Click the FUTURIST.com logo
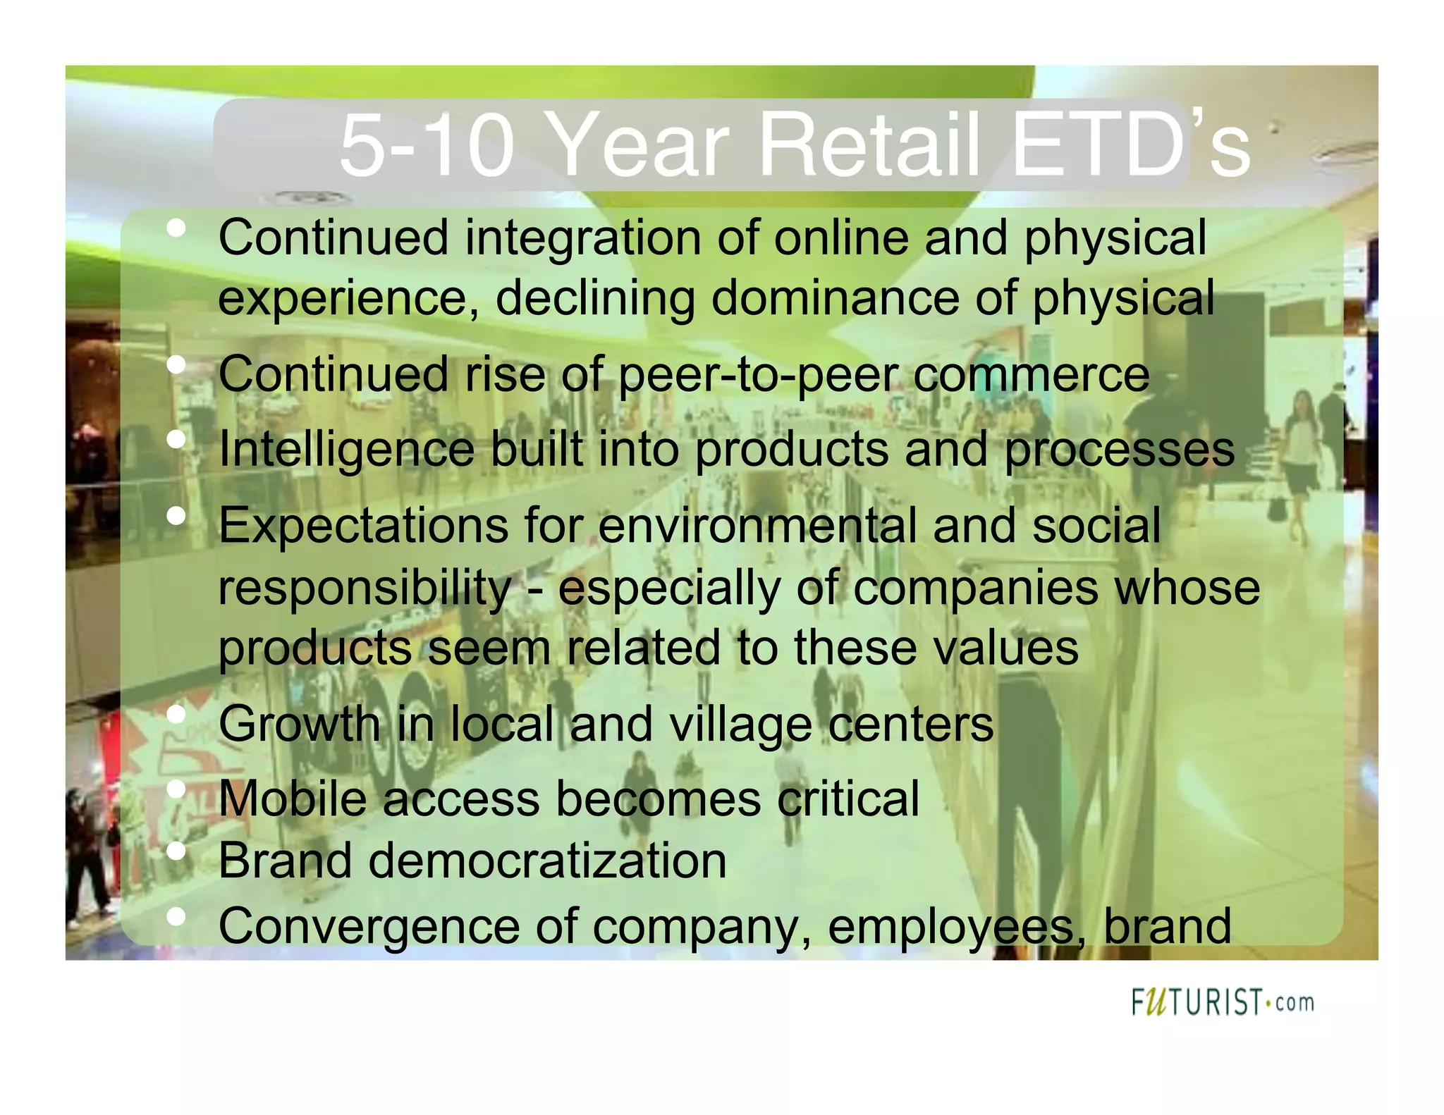pyautogui.click(x=1223, y=1002)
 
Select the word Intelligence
pyautogui.click(x=346, y=449)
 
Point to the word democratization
pyautogui.click(x=546, y=861)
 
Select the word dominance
pyautogui.click(x=835, y=298)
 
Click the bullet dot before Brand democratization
pyautogui.click(x=176, y=852)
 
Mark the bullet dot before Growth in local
pyautogui.click(x=176, y=715)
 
